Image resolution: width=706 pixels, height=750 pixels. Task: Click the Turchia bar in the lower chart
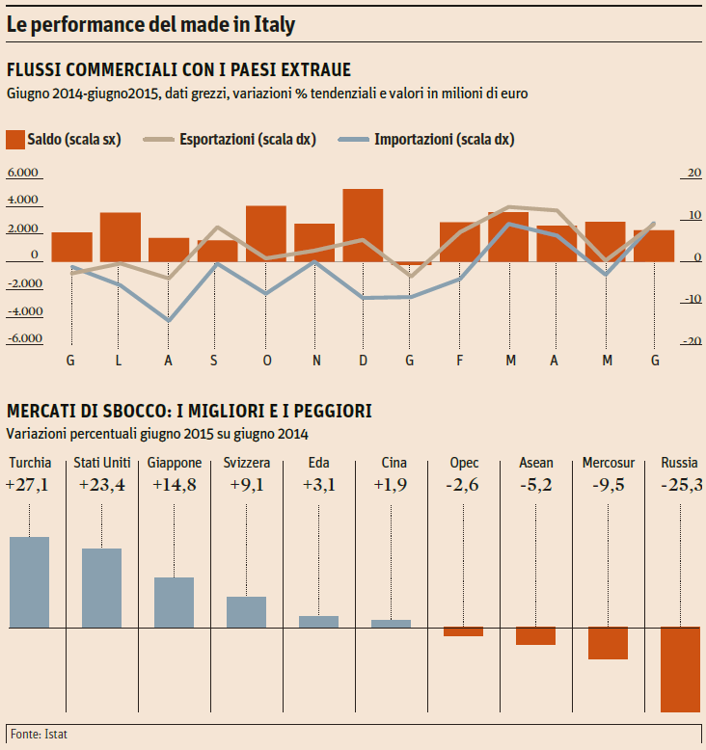pyautogui.click(x=29, y=581)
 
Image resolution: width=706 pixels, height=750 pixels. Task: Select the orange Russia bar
pyautogui.click(x=680, y=669)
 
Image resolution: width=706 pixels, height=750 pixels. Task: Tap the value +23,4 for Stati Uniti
pyautogui.click(x=101, y=485)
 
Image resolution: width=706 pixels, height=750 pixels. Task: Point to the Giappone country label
pyautogui.click(x=175, y=463)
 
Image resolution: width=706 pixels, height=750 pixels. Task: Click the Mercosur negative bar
pyautogui.click(x=608, y=643)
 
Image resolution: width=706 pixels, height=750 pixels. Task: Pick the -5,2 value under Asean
pyautogui.click(x=536, y=485)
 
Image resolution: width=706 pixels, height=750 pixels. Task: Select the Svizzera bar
pyautogui.click(x=246, y=612)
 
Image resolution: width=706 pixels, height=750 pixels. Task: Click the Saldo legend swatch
pyautogui.click(x=14, y=140)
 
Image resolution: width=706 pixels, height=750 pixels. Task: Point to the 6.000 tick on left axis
pyautogui.click(x=22, y=174)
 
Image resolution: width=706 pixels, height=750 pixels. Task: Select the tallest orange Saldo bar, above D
pyautogui.click(x=363, y=225)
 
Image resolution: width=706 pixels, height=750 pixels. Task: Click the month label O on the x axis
pyautogui.click(x=267, y=361)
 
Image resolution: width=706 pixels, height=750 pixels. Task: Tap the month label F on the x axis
pyautogui.click(x=460, y=361)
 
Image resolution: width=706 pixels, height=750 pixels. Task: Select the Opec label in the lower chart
pyautogui.click(x=464, y=463)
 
